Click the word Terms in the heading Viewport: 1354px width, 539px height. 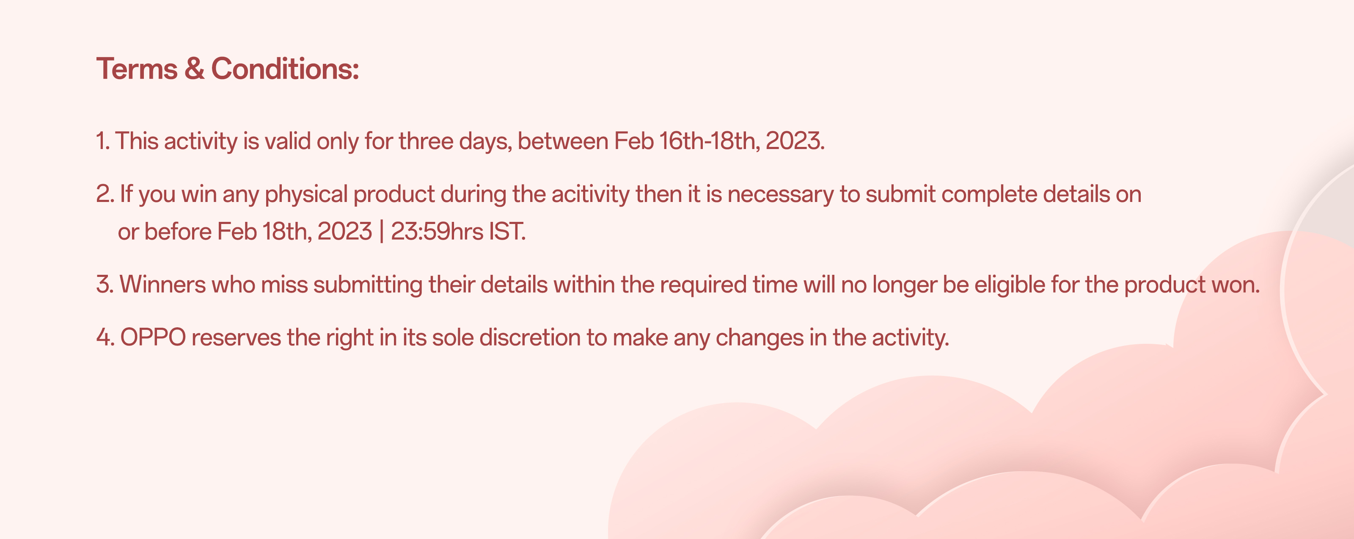click(x=137, y=69)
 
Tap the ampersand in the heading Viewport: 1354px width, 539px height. click(x=195, y=69)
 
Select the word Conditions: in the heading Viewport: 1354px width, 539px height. click(x=285, y=69)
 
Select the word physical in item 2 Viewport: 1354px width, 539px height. click(x=306, y=194)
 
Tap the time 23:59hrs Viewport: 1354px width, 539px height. click(x=437, y=231)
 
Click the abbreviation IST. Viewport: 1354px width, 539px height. click(x=508, y=231)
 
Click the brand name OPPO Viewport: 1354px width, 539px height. click(x=153, y=337)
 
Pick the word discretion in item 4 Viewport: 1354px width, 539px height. click(x=530, y=337)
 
